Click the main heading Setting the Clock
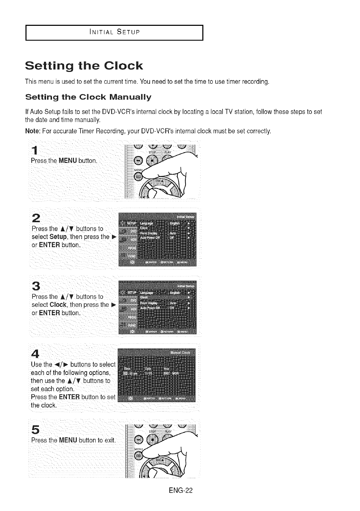[x=84, y=66]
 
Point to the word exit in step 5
[x=110, y=439]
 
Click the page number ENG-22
[x=180, y=490]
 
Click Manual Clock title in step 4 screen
[x=180, y=353]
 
